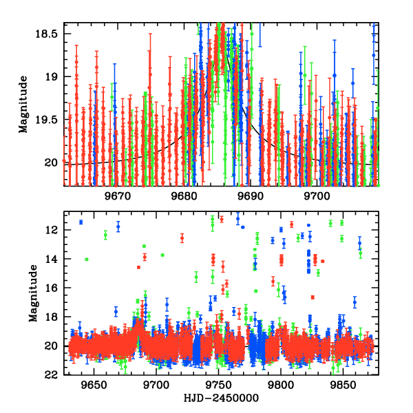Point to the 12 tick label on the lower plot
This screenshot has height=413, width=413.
click(x=53, y=229)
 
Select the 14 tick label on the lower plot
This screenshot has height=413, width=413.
click(x=53, y=259)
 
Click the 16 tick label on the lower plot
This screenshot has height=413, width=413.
click(x=53, y=288)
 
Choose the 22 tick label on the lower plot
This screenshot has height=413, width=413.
click(x=53, y=375)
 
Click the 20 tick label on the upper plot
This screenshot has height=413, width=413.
click(x=52, y=162)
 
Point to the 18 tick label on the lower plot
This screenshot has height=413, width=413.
click(x=53, y=317)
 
